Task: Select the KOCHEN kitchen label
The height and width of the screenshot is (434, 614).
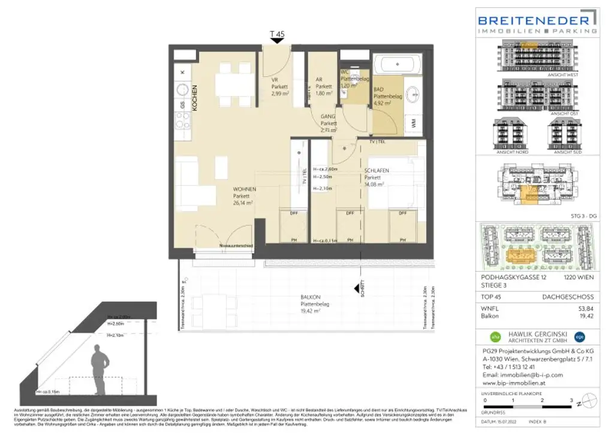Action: click(x=194, y=97)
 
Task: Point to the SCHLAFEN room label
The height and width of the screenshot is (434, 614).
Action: click(x=377, y=171)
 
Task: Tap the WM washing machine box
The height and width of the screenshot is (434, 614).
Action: click(x=414, y=122)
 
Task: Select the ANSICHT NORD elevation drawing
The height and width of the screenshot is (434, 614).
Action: click(x=508, y=134)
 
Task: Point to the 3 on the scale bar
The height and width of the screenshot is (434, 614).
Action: click(x=571, y=400)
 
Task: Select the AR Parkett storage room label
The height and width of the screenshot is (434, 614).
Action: click(x=324, y=86)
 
